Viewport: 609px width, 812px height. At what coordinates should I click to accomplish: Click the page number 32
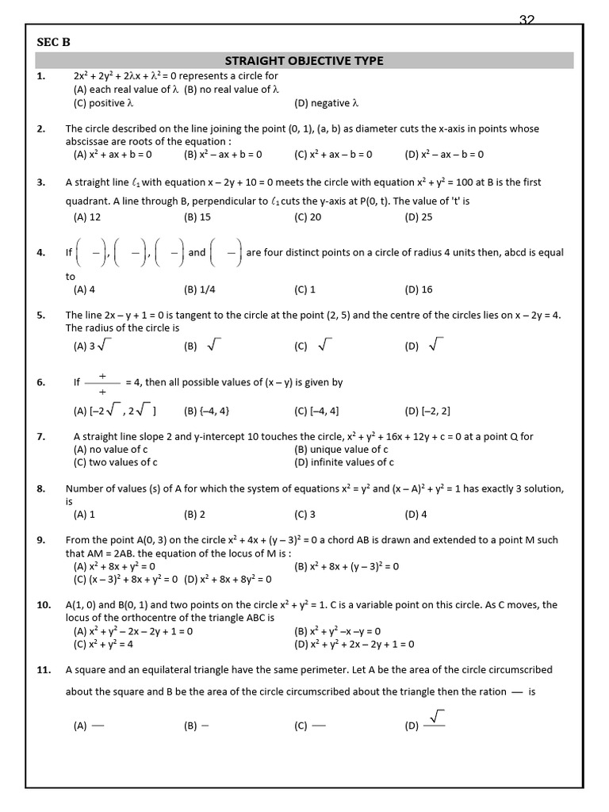tap(527, 21)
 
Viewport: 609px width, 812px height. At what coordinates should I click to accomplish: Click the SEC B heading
tap(52, 42)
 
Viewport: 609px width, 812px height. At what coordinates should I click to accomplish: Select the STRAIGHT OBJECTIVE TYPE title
tap(304, 60)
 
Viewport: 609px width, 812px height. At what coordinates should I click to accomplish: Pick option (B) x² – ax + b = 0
tap(223, 155)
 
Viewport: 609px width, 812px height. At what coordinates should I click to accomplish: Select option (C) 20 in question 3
tap(308, 216)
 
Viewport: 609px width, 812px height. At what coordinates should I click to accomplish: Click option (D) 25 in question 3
tap(419, 216)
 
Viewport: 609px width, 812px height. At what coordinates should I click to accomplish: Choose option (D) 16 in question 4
tap(419, 289)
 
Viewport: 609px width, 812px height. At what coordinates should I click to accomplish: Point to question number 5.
tap(41, 315)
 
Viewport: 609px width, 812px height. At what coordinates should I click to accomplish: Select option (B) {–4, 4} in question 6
tap(207, 411)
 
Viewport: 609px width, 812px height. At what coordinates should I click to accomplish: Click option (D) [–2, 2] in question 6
tap(427, 411)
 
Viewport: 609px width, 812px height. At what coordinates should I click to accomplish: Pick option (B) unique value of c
tap(341, 450)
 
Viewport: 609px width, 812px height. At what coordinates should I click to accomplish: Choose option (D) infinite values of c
tap(344, 462)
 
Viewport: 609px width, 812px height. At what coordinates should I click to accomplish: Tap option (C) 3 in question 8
tap(305, 515)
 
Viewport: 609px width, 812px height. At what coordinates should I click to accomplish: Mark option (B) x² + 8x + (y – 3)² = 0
tap(347, 566)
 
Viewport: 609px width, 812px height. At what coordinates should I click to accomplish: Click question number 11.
tap(44, 669)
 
